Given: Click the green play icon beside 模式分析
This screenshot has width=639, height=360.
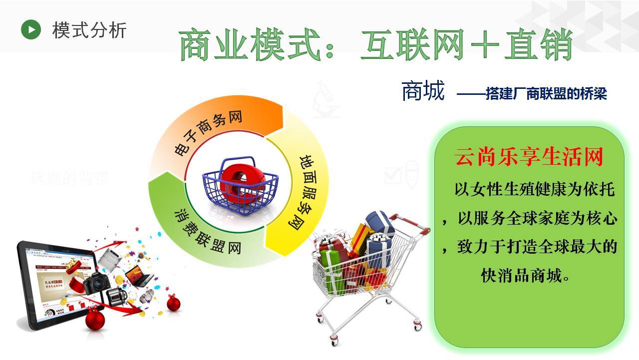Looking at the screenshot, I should tap(31, 30).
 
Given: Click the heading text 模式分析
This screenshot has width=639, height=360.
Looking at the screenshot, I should tap(89, 30).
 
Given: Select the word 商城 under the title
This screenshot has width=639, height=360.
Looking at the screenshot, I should tap(423, 91).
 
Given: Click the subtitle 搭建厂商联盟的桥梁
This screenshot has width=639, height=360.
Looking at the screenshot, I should tap(546, 94).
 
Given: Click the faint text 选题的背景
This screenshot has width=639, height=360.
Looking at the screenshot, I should tap(70, 178).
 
